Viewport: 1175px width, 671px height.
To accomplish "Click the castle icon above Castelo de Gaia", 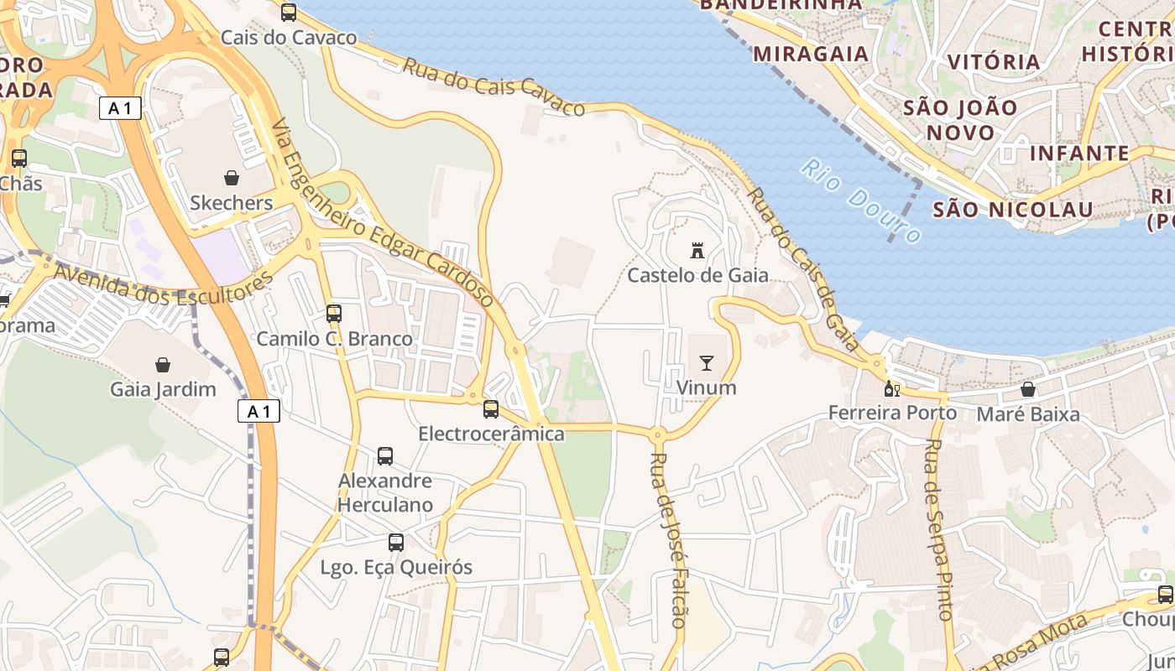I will click(x=697, y=250).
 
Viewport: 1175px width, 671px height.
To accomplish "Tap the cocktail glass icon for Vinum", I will click(x=706, y=363).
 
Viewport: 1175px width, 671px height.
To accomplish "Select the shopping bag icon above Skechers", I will click(x=232, y=178).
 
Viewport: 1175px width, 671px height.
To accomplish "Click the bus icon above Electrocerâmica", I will click(x=491, y=409).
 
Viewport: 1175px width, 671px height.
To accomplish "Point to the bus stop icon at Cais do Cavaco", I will click(x=289, y=13).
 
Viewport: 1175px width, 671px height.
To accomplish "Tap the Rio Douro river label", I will click(x=860, y=200).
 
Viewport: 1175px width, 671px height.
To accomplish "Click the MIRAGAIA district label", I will click(x=811, y=54).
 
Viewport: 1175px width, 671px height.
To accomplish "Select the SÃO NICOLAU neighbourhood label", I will click(x=1013, y=209).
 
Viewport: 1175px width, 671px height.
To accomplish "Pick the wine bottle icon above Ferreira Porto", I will click(x=892, y=388).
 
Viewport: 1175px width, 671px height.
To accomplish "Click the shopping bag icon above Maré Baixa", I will click(x=1028, y=389).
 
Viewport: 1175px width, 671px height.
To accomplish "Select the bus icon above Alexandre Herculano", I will click(x=385, y=456).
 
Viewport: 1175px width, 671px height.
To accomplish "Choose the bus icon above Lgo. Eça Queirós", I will click(x=396, y=543).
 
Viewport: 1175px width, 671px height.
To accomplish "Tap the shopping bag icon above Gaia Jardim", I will click(x=163, y=365).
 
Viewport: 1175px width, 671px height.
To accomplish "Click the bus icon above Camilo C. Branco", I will click(x=334, y=314).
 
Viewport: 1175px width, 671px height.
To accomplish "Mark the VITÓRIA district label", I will click(x=994, y=62).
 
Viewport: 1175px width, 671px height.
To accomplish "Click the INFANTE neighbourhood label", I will click(x=1079, y=153).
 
